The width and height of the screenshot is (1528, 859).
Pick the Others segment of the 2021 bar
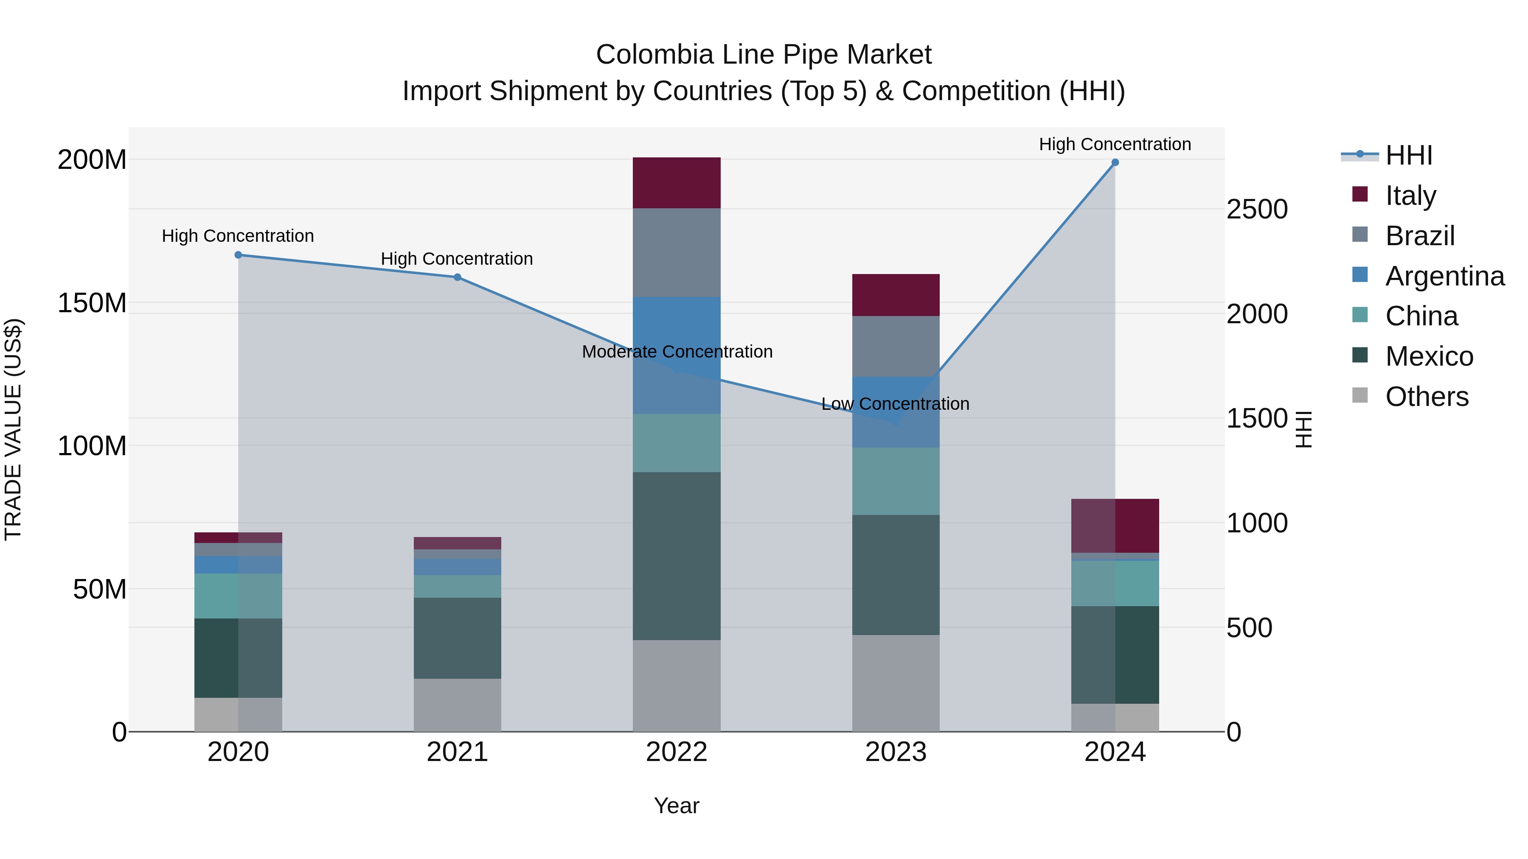click(457, 705)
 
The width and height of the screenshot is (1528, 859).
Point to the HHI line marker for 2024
click(1115, 162)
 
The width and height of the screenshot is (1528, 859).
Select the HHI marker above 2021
click(457, 277)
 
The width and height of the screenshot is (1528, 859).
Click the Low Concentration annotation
click(895, 404)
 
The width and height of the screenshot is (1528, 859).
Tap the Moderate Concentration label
click(677, 352)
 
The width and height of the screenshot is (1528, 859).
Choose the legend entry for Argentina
click(1444, 276)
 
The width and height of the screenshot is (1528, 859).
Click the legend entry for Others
click(1427, 397)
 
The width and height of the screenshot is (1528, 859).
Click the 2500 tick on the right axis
click(1257, 209)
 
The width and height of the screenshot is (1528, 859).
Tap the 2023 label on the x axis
click(896, 752)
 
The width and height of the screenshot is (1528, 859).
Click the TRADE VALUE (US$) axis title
click(14, 429)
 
